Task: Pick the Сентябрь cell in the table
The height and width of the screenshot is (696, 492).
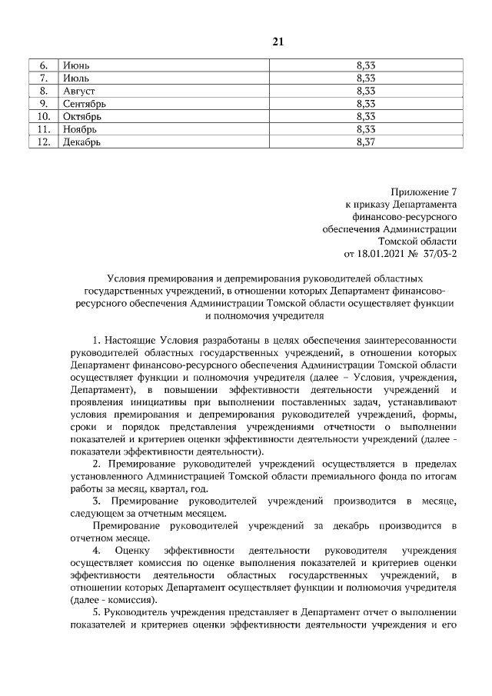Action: point(85,104)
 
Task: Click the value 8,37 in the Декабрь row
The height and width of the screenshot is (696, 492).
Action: point(365,142)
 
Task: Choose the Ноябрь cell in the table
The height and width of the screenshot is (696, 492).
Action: point(81,128)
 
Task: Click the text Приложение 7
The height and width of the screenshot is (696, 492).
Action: point(424,192)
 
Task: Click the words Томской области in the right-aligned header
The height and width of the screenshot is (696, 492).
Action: point(422,239)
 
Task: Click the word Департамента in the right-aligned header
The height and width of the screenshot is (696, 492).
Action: point(426,205)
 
